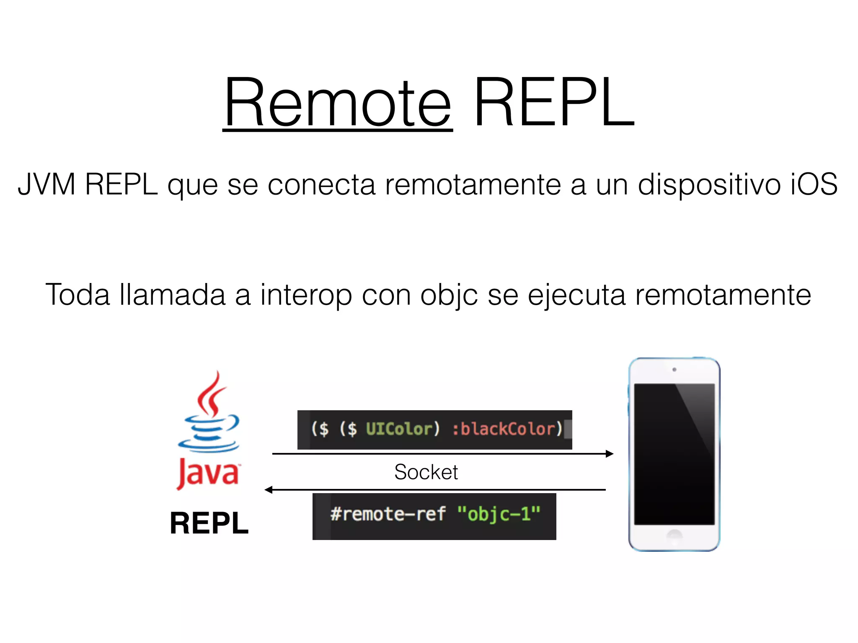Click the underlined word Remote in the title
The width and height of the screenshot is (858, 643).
[338, 103]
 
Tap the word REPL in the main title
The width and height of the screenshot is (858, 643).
[554, 103]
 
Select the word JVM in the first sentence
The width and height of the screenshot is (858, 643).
[47, 184]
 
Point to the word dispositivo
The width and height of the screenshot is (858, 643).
[709, 184]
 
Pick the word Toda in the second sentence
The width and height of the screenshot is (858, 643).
[78, 294]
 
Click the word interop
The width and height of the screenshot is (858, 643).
[306, 294]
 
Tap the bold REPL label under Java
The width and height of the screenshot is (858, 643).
[209, 523]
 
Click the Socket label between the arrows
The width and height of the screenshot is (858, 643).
[426, 472]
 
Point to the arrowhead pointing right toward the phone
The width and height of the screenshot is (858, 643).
[610, 453]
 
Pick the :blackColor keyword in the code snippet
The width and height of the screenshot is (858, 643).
[507, 429]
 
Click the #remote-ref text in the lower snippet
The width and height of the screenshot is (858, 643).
[388, 514]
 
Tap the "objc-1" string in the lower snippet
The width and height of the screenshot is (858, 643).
[499, 514]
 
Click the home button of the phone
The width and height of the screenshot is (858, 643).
[674, 535]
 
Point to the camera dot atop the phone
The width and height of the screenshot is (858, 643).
[674, 370]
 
